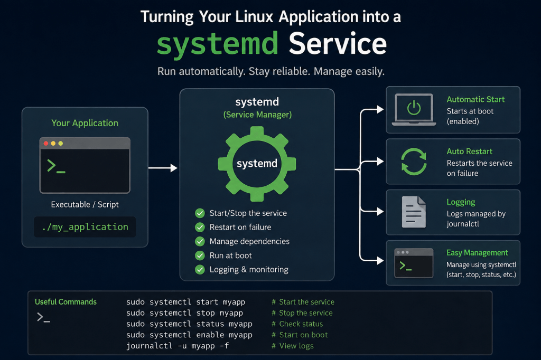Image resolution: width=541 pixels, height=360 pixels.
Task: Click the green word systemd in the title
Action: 217,44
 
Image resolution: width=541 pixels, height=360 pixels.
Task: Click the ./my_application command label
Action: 85,227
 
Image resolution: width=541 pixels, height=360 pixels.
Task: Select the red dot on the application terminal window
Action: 46,144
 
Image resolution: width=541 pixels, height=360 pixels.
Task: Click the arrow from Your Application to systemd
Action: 163,168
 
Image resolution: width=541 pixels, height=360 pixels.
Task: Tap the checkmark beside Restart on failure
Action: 200,227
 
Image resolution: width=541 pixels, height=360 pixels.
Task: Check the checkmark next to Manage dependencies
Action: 200,241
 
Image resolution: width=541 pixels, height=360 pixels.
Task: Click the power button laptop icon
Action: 414,110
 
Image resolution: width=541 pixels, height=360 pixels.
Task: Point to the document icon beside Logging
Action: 414,212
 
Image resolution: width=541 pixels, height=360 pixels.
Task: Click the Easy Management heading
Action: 477,253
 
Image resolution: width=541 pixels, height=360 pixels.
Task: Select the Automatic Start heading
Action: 475,99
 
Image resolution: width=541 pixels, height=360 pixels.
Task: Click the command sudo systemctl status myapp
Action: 189,324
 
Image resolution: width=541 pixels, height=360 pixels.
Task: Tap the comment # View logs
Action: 293,346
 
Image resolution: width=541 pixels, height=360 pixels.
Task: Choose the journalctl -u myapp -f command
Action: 178,346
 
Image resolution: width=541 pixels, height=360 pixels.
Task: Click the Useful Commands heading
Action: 66,302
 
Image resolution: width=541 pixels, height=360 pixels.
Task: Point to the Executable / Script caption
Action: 85,204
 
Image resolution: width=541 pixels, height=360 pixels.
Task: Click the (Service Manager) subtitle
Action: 257,115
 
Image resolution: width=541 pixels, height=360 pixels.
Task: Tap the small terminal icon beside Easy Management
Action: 414,263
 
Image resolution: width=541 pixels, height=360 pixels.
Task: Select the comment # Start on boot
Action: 300,335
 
